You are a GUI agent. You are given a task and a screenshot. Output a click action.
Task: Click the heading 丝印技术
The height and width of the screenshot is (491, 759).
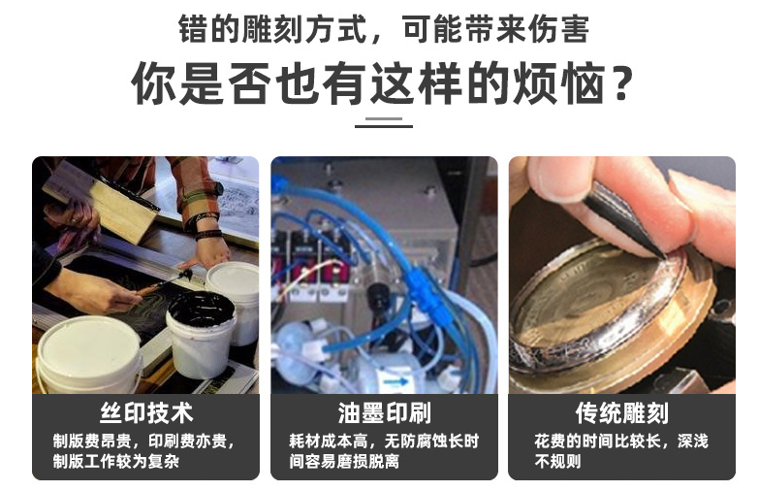pos(146,413)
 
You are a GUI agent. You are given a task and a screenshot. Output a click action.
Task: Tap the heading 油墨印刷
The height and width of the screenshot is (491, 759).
pos(384,413)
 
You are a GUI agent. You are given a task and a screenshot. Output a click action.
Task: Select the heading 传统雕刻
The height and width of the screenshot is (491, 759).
pos(622,413)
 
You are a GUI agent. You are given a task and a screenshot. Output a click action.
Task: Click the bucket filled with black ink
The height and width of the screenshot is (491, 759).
pos(201,335)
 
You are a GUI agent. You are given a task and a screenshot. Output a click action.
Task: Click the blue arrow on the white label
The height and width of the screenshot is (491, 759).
pos(395,382)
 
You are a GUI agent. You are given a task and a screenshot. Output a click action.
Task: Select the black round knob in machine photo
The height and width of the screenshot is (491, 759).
pos(376,294)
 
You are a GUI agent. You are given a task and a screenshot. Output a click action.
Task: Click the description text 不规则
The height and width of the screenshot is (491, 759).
pos(557,461)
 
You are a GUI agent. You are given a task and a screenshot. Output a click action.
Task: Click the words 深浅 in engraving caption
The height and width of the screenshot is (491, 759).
pos(693,442)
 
